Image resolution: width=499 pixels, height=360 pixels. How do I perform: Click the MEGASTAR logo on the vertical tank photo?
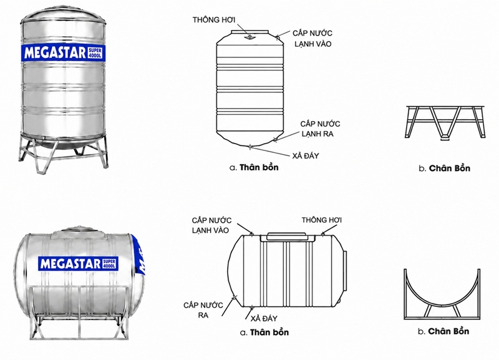[x=55, y=53]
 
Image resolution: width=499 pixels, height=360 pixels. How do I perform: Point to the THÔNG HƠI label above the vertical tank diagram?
[x=214, y=20]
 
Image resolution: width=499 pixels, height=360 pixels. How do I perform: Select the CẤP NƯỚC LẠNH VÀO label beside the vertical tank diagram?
[x=312, y=39]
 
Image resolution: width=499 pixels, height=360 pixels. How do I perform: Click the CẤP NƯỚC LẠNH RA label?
[x=320, y=129]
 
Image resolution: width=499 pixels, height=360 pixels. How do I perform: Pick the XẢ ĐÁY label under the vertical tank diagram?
[x=306, y=155]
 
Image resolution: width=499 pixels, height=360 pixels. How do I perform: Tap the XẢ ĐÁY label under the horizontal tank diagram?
[x=264, y=319]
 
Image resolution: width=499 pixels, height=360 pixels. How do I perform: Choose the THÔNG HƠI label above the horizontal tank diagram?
[x=321, y=220]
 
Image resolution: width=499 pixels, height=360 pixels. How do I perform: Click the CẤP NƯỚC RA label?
[x=203, y=310]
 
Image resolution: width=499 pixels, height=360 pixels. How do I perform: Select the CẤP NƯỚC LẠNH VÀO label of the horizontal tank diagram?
[x=211, y=225]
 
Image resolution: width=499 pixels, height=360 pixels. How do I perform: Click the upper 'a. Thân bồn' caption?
[x=254, y=167]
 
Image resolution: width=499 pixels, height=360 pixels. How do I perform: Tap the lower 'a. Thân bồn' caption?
[x=264, y=333]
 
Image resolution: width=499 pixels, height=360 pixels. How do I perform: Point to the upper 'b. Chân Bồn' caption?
[x=444, y=168]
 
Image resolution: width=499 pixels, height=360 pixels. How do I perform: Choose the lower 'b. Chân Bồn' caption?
[x=443, y=331]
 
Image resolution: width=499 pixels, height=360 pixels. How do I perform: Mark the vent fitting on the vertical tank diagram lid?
[x=250, y=37]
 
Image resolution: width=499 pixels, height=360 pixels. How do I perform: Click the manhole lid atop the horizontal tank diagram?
[x=286, y=236]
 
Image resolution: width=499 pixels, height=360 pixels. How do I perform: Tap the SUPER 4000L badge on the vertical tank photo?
[x=95, y=53]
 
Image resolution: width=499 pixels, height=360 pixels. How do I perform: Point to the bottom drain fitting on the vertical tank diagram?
[x=251, y=147]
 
